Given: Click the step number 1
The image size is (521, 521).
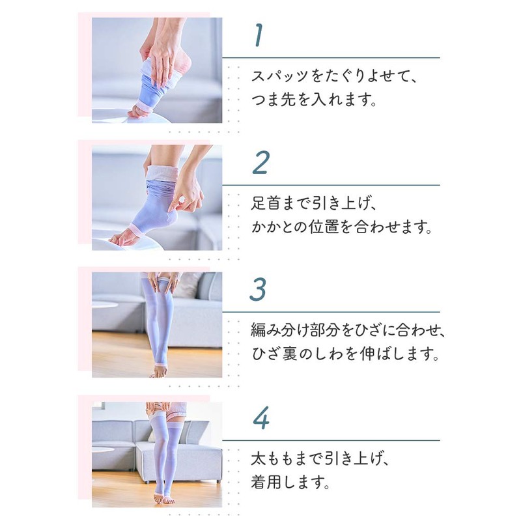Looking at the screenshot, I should pos(260,36).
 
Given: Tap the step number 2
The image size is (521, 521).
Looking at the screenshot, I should pos(260,163).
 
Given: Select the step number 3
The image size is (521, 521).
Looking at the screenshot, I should pos(260,290).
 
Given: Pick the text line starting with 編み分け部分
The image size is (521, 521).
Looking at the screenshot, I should pos(348,330).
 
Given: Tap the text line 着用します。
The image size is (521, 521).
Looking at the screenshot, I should pos(290,483).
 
